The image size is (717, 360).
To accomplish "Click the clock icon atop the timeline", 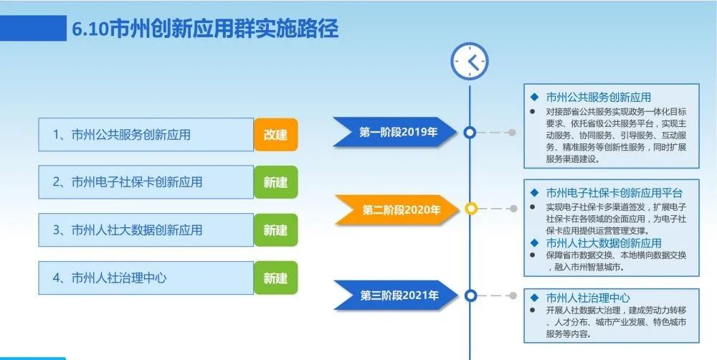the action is click(x=470, y=61).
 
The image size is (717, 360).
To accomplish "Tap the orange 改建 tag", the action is click(x=276, y=135).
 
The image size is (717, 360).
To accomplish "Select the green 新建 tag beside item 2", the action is click(x=276, y=182).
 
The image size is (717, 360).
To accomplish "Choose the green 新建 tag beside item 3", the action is click(x=276, y=229).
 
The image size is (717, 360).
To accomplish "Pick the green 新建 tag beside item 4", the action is click(x=276, y=278).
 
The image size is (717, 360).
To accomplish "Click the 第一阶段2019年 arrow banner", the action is click(x=395, y=132).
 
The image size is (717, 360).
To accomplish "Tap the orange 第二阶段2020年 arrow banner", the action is click(x=397, y=210).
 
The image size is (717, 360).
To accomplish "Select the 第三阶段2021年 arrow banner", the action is click(x=396, y=295).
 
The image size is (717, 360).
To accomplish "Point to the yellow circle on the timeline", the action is click(x=470, y=209).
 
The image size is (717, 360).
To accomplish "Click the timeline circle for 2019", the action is click(x=470, y=132).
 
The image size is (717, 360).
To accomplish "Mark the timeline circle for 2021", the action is click(x=470, y=295).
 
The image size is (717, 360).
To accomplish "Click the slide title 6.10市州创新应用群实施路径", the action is click(x=205, y=29).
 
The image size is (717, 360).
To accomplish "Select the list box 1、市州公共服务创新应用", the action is click(x=146, y=135).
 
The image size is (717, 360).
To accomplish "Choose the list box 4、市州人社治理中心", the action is click(x=146, y=278).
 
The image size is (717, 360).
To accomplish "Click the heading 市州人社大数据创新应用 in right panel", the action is click(x=604, y=242).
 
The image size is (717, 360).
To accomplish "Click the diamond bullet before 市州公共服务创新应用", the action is click(x=533, y=97).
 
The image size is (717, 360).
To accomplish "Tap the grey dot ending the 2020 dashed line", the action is click(x=513, y=209).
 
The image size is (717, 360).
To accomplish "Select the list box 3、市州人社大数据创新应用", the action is click(x=146, y=229).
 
